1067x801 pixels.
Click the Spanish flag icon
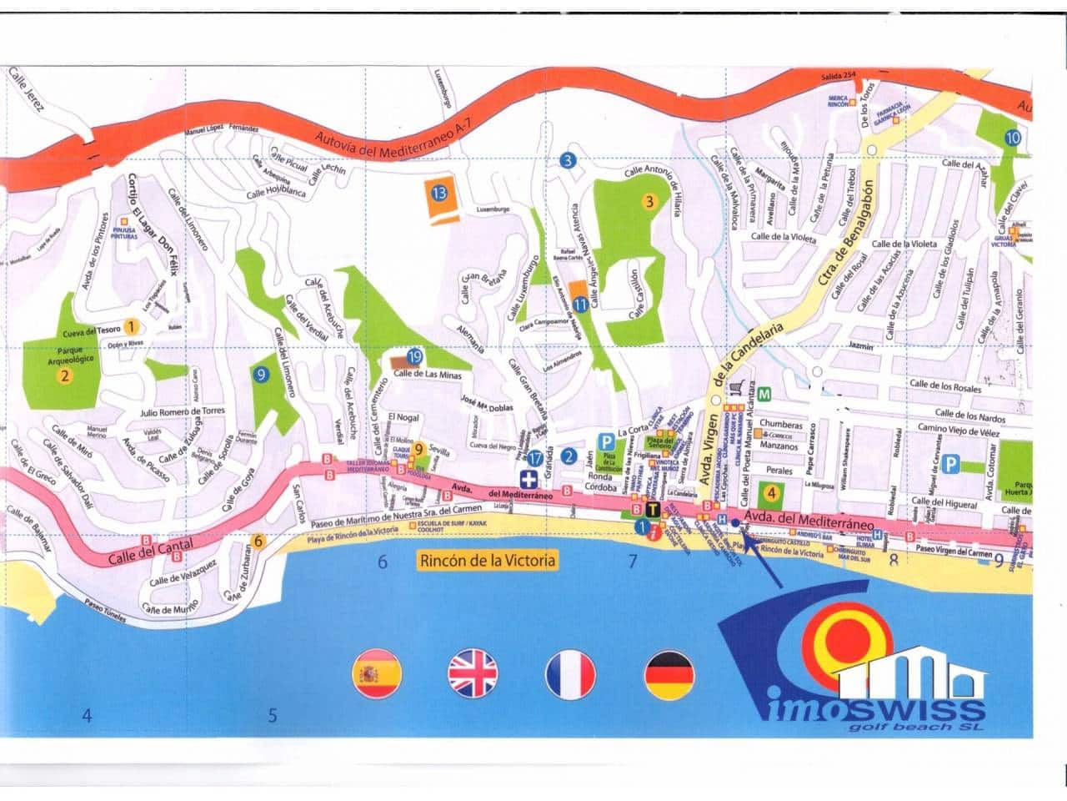[x=378, y=673]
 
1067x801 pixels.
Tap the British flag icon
[x=473, y=673]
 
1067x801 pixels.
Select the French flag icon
[x=571, y=673]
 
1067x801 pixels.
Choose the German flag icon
[x=669, y=673]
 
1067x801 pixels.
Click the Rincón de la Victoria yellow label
[x=488, y=560]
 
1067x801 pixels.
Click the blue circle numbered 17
[x=535, y=457]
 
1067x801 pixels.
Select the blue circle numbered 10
[x=1012, y=139]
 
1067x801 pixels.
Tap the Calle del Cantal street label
[x=151, y=552]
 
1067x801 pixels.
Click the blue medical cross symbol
[x=528, y=479]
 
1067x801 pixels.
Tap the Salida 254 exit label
[x=839, y=76]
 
